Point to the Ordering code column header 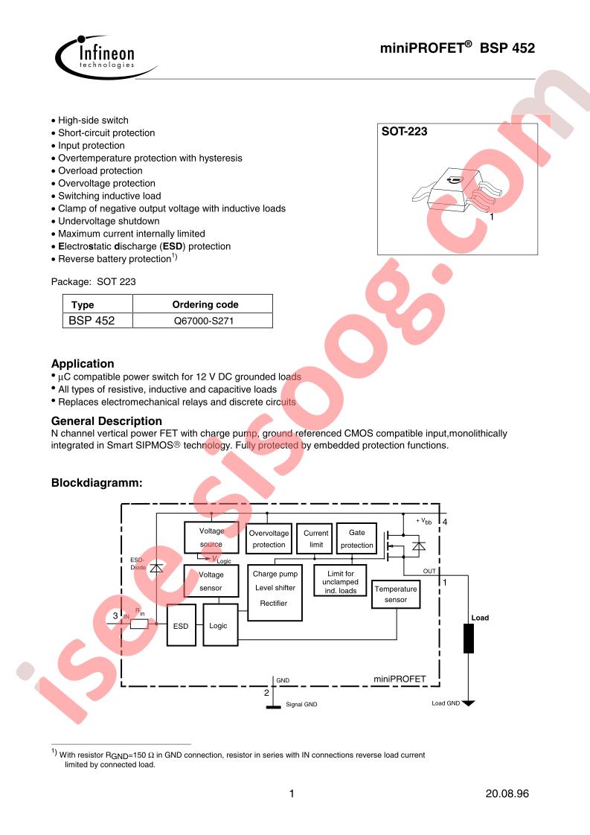pos(205,304)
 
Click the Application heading pos(83,364)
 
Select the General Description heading pos(106,420)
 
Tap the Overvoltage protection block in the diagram pos(268,539)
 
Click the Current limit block pos(316,539)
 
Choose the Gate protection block pos(356,539)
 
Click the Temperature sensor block pos(396,594)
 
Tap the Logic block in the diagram pos(219,626)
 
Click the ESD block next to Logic pos(181,627)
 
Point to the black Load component pos(469,638)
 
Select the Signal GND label pos(301,704)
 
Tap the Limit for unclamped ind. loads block pos(342,582)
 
